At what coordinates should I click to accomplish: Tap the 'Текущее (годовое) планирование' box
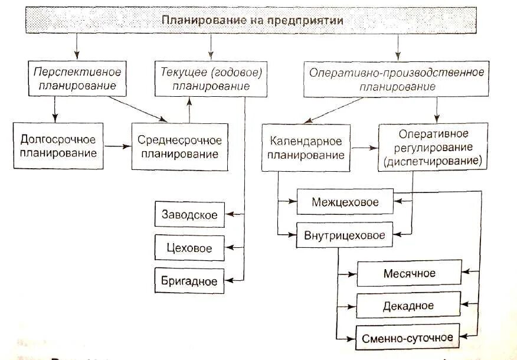coord(211,79)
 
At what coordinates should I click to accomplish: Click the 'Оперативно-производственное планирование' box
coord(397,79)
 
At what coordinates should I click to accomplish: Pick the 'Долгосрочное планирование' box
coord(58,146)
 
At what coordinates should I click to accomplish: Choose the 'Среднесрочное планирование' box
coord(179,146)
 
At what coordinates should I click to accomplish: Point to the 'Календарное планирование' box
coord(306,148)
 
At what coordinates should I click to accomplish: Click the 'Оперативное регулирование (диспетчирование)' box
coord(433,146)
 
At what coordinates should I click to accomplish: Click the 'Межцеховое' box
coord(345,202)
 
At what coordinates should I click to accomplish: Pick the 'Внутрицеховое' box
coord(345,235)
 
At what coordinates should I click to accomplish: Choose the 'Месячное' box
coord(409,273)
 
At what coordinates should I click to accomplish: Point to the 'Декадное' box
coord(409,306)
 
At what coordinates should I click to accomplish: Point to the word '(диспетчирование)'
coord(433,160)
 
